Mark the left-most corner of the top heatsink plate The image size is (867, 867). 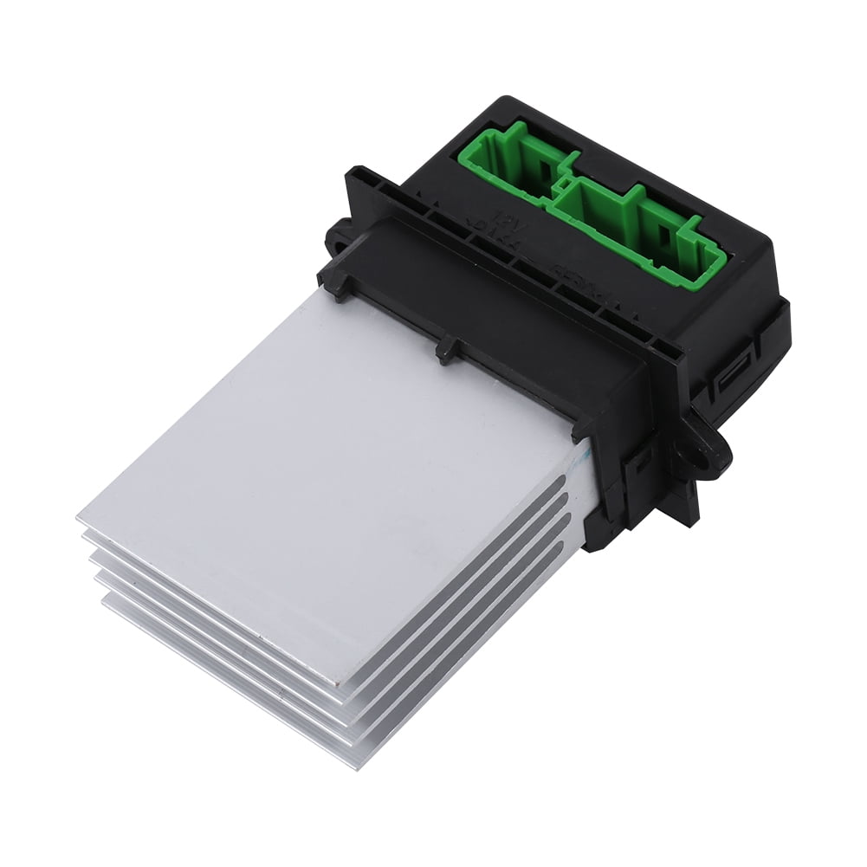coord(78,519)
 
